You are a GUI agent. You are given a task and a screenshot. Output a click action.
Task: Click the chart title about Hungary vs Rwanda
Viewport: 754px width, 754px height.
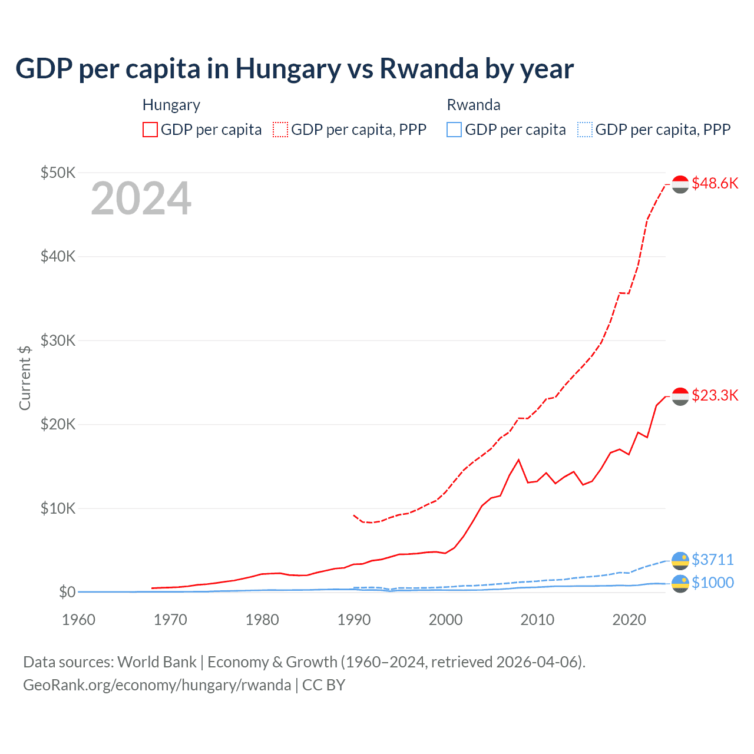[x=294, y=69]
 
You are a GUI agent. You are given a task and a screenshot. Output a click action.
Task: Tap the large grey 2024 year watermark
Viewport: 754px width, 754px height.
[x=141, y=199]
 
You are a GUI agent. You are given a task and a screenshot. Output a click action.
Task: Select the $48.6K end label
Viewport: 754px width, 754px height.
[x=715, y=183]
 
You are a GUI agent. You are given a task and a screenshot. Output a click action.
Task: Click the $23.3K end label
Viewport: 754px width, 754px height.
[x=715, y=395]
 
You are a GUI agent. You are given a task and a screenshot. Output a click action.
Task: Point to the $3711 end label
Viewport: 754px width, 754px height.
[x=712, y=559]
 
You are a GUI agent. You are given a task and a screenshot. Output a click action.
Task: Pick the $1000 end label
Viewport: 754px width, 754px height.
[x=712, y=583]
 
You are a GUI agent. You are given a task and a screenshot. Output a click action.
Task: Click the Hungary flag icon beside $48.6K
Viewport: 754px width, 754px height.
[x=680, y=184]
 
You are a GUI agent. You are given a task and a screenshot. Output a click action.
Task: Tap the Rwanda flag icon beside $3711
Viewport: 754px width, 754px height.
[x=680, y=560]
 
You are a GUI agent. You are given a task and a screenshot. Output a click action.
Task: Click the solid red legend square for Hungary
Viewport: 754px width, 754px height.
[x=150, y=130]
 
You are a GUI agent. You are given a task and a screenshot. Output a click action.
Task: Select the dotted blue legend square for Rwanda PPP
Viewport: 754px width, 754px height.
[x=585, y=130]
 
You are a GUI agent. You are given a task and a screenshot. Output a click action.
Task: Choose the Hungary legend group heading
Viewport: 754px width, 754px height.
[x=171, y=105]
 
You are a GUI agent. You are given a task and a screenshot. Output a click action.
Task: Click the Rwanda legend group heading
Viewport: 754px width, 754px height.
[x=474, y=105]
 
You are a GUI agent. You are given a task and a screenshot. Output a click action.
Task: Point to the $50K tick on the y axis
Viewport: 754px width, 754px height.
[x=58, y=173]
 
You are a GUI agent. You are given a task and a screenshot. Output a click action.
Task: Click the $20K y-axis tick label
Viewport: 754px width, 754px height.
[x=58, y=424]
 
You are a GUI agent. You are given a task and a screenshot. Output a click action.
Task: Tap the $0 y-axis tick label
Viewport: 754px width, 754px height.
[x=67, y=592]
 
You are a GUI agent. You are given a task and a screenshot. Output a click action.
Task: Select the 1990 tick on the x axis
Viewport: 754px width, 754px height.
[x=354, y=620]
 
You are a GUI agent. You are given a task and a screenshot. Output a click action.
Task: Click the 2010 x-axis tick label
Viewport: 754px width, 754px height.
[x=537, y=620]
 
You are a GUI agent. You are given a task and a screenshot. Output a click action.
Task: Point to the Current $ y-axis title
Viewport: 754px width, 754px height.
[x=25, y=378]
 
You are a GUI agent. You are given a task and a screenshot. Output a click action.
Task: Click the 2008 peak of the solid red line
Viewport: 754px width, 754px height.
[x=518, y=459]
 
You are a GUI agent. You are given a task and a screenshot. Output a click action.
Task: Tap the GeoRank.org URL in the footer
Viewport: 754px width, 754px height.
[x=157, y=685]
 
